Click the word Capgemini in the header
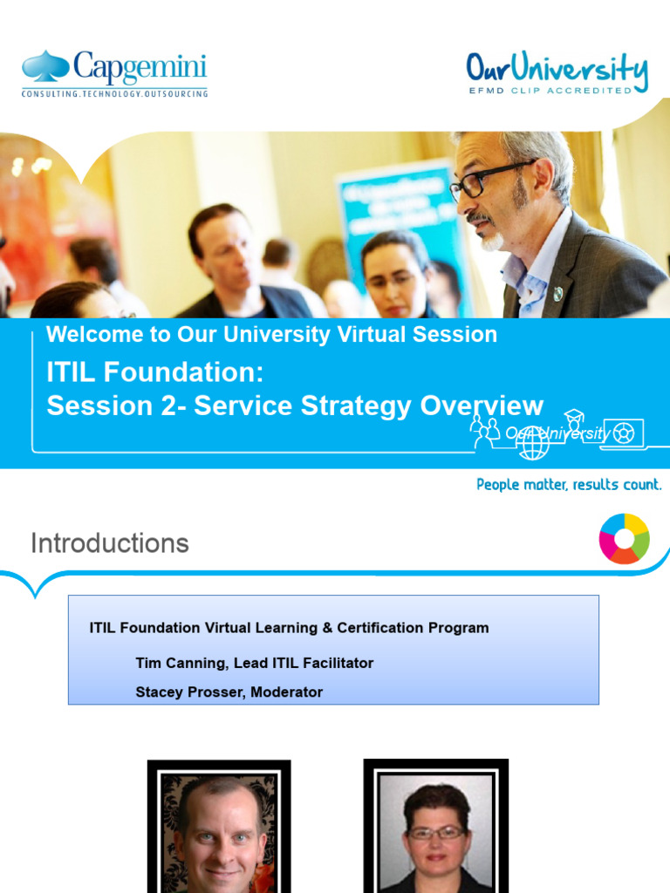pyautogui.click(x=140, y=67)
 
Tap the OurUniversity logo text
pyautogui.click(x=557, y=69)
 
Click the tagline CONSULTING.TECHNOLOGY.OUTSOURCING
pyautogui.click(x=114, y=92)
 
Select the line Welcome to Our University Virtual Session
pyautogui.click(x=271, y=334)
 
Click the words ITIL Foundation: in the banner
pyautogui.click(x=154, y=372)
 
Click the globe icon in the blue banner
pyautogui.click(x=532, y=442)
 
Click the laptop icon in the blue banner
pyautogui.click(x=623, y=433)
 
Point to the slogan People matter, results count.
pyautogui.click(x=569, y=484)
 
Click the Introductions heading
pyautogui.click(x=110, y=543)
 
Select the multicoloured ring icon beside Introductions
pyautogui.click(x=624, y=539)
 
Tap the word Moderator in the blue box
pyautogui.click(x=287, y=692)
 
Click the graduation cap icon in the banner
pyautogui.click(x=573, y=416)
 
